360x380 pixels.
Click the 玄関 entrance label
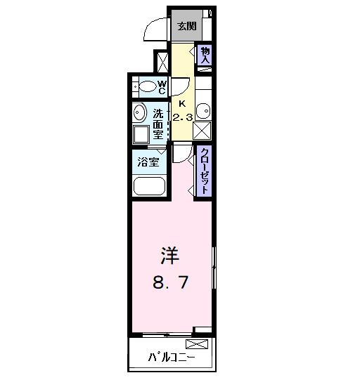186,27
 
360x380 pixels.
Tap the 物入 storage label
205,55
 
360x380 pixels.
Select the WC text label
161,87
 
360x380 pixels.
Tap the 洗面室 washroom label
159,124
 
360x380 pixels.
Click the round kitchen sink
203,111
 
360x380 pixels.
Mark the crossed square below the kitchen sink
203,131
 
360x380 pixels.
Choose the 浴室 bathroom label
148,162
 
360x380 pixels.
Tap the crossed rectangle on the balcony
198,344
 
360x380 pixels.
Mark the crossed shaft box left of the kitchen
163,61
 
